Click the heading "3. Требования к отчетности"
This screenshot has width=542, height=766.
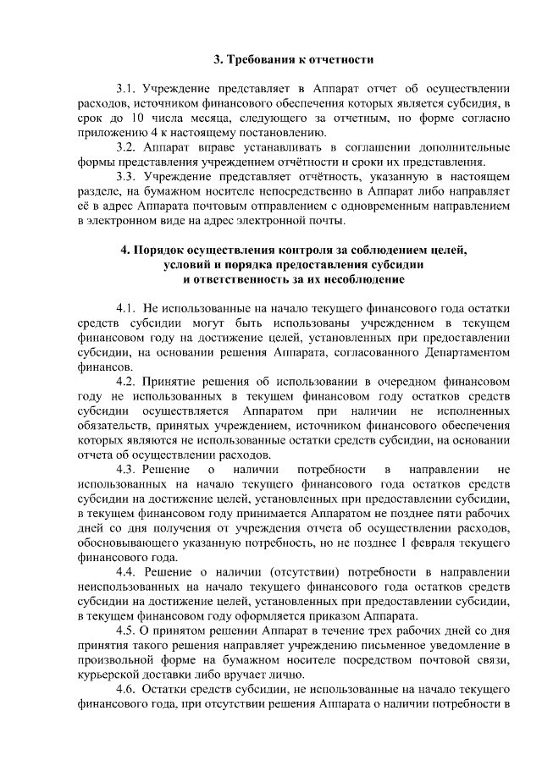click(293, 59)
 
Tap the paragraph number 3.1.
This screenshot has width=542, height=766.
click(127, 87)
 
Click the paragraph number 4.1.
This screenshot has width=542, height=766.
click(127, 309)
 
